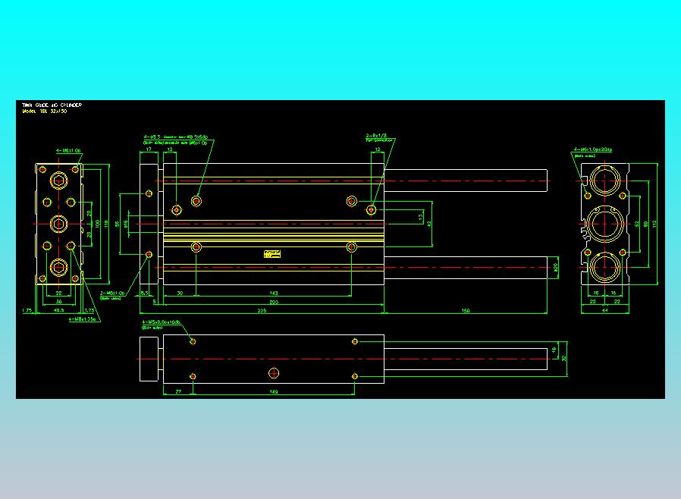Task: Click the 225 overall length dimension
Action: click(x=262, y=310)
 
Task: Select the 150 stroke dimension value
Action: click(x=466, y=310)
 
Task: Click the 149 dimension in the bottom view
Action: click(x=274, y=391)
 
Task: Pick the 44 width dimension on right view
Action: click(x=605, y=310)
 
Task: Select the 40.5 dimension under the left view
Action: click(x=59, y=310)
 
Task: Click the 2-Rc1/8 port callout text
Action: click(x=377, y=137)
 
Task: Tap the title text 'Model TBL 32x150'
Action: click(x=44, y=111)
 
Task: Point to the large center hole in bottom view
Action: click(x=275, y=372)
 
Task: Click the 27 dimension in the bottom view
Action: click(x=177, y=391)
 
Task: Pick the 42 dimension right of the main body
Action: click(x=429, y=224)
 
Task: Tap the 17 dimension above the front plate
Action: click(x=149, y=149)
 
